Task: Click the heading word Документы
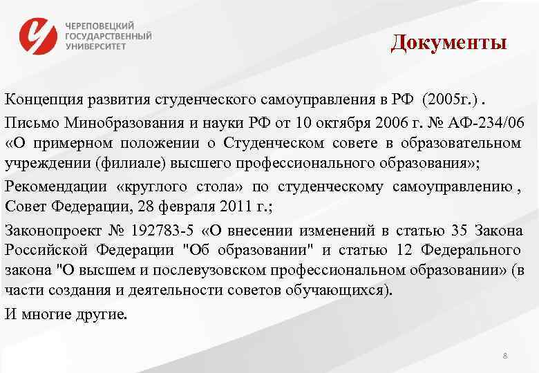(448, 43)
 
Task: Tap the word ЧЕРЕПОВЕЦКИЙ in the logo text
(100, 25)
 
